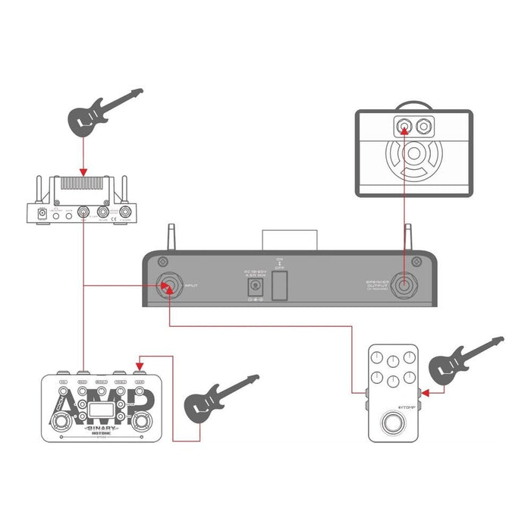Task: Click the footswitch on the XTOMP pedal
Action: tap(393, 422)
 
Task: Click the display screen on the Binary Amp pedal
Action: tap(96, 413)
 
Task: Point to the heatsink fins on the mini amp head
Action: tap(83, 183)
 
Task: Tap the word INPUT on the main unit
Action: tap(190, 287)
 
